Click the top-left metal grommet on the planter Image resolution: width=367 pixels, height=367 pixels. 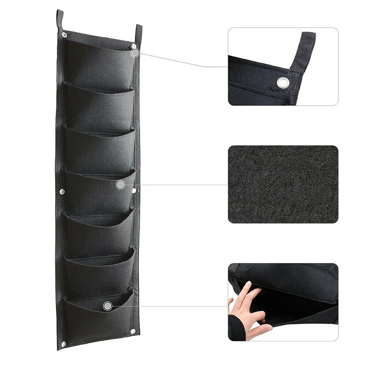point(64,35)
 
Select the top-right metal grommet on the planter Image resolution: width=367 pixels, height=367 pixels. point(133,46)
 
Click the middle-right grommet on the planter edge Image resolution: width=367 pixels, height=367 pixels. point(133,190)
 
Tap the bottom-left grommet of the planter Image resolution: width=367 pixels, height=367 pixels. point(63,344)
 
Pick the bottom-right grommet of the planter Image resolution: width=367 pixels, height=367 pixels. point(133,331)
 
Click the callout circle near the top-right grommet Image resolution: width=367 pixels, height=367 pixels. point(135,53)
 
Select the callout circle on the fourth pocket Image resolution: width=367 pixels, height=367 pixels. point(120,184)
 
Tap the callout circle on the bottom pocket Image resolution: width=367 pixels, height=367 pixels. point(107,306)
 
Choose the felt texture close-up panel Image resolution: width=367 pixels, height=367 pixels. point(283,184)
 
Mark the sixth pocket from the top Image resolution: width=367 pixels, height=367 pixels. point(99,275)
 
